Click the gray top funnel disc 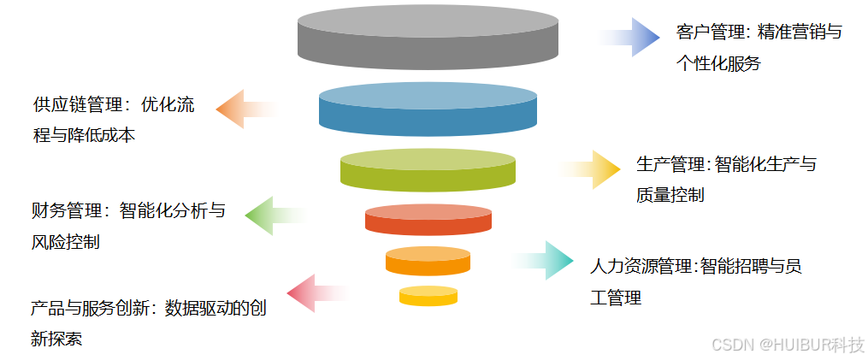tap(428, 38)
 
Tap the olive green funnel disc tap(428, 168)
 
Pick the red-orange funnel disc tap(428, 219)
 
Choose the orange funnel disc tap(428, 261)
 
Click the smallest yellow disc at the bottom tap(428, 296)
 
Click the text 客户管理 tap(704, 32)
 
